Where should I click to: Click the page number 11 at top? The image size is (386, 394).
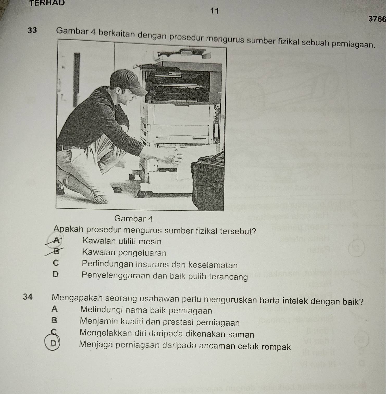pos(215,11)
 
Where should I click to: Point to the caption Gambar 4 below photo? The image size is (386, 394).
pos(133,219)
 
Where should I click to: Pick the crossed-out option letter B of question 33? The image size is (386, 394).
pos(55,252)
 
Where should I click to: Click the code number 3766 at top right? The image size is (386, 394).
pos(377,19)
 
